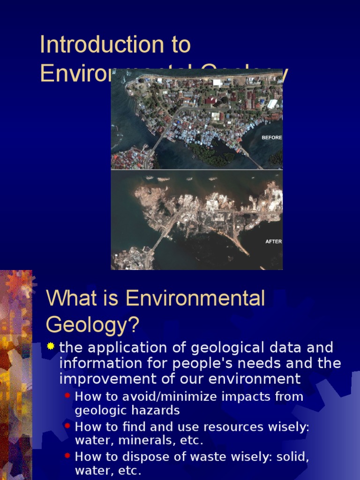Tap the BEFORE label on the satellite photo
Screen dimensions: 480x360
click(x=271, y=138)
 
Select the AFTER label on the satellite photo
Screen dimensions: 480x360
click(x=273, y=241)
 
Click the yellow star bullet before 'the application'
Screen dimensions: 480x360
click(x=51, y=347)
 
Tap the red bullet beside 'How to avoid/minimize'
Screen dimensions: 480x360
click(x=68, y=396)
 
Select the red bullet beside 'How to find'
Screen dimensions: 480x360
click(x=68, y=426)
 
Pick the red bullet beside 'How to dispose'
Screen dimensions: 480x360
click(x=68, y=455)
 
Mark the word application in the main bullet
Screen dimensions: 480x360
click(x=123, y=348)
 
